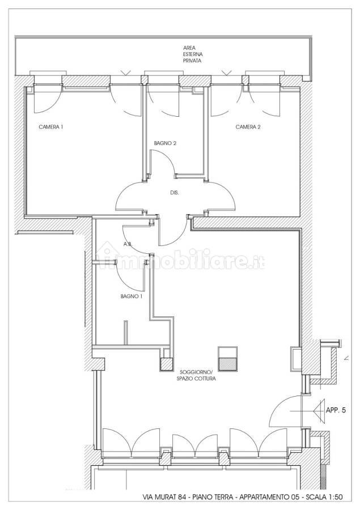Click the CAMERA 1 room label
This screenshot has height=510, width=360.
(x=51, y=127)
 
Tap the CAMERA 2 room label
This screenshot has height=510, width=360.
(x=248, y=127)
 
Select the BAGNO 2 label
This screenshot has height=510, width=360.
(x=165, y=143)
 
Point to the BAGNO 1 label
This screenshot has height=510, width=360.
(x=132, y=296)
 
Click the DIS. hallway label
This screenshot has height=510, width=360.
(x=175, y=193)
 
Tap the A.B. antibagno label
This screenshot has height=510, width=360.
(x=127, y=244)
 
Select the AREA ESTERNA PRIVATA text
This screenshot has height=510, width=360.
(x=192, y=54)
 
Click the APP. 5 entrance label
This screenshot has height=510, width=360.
(x=336, y=410)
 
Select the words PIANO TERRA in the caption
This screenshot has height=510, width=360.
(x=213, y=497)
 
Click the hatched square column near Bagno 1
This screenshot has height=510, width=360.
(x=166, y=364)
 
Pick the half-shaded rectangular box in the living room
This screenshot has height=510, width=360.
(x=228, y=359)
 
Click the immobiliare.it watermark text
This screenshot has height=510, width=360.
(x=183, y=258)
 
